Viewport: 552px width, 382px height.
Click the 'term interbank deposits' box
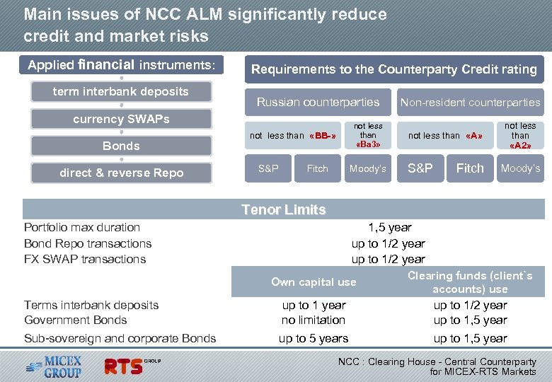click(x=121, y=92)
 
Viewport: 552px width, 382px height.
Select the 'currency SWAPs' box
click(x=121, y=119)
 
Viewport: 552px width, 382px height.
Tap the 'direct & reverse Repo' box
click(x=121, y=173)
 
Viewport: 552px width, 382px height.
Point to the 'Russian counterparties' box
click(x=318, y=102)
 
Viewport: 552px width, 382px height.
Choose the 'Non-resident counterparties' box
click(x=470, y=102)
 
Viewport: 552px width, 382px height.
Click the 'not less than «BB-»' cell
click(x=293, y=135)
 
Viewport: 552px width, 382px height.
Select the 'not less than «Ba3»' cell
click(x=368, y=134)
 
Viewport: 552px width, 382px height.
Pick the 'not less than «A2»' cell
click(x=520, y=135)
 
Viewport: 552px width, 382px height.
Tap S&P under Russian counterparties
click(x=268, y=168)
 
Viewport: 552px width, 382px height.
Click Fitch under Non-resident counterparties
click(x=470, y=168)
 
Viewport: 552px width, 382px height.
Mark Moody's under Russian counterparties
click(x=368, y=168)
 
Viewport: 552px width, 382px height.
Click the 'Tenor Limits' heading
click(x=283, y=209)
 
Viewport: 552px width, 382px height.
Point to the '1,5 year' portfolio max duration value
click(x=389, y=227)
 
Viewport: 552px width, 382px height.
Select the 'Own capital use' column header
click(x=314, y=282)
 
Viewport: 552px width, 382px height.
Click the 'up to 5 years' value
click(x=314, y=338)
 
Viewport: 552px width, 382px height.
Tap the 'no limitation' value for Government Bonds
click(x=314, y=320)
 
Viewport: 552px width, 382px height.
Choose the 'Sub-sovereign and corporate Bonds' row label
click(x=120, y=338)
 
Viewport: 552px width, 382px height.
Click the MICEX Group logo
click(x=55, y=366)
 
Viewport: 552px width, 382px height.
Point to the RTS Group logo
click(x=132, y=366)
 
